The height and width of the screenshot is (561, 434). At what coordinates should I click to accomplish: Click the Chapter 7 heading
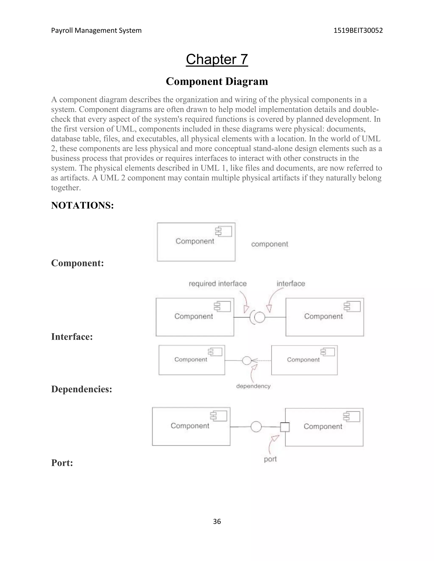coord(217,59)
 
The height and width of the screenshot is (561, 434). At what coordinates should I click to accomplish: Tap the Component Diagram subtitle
coord(217,82)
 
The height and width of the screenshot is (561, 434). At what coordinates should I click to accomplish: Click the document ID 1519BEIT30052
coord(358,30)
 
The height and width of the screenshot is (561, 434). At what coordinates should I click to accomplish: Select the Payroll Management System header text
coord(96,30)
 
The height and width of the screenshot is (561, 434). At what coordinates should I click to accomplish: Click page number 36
coord(217,521)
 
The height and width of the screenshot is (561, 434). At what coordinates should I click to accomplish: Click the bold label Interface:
coord(72,337)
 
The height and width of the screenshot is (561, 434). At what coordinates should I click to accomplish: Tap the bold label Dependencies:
coord(82,389)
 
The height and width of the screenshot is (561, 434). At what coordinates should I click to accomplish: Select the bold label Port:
coord(62,463)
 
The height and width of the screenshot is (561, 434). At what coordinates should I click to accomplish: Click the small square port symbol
coord(285,427)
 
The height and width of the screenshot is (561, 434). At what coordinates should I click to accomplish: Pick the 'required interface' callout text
coord(217,284)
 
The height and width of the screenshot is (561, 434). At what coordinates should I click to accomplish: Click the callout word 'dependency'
coord(253,386)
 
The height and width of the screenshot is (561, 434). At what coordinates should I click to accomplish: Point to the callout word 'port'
coord(270,459)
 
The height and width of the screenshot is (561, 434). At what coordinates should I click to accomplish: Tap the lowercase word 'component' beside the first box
coord(270,244)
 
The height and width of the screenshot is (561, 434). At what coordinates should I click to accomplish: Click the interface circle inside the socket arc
coord(260,317)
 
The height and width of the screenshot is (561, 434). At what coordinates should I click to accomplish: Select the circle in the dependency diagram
coord(247,361)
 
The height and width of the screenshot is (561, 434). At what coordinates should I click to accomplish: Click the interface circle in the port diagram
coord(256,427)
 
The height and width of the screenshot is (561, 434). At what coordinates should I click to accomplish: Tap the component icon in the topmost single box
coord(224,231)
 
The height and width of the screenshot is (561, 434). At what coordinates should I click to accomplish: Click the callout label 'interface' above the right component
coord(291,284)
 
